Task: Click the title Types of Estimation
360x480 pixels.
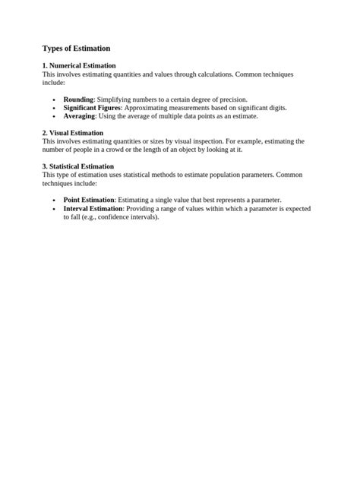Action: click(x=76, y=49)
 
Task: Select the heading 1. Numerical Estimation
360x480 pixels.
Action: click(x=79, y=66)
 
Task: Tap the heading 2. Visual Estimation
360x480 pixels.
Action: click(x=73, y=133)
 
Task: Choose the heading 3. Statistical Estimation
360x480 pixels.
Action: click(x=78, y=166)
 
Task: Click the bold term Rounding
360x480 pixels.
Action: click(x=78, y=99)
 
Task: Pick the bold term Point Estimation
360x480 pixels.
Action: click(x=89, y=200)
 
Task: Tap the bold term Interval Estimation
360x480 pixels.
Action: click(x=93, y=208)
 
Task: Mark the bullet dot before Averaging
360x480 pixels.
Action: click(x=54, y=117)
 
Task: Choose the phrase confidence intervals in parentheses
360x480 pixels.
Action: click(x=128, y=216)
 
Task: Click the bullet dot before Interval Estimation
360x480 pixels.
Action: click(x=54, y=209)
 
